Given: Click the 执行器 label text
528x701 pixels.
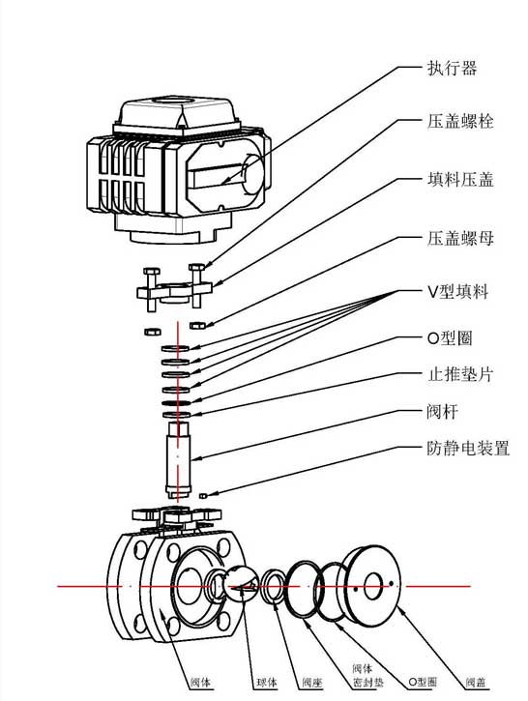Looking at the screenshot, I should click(x=452, y=70).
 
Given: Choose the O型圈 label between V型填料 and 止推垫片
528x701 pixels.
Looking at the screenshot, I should click(x=450, y=338).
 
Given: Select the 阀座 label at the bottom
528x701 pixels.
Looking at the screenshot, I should click(x=309, y=684).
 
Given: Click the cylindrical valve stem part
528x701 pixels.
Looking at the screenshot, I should click(x=179, y=458).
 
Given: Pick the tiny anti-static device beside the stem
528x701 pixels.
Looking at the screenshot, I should click(x=204, y=495).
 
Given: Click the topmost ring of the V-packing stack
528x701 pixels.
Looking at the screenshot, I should click(x=178, y=348).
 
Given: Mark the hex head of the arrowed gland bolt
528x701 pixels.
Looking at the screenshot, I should click(x=197, y=268).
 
